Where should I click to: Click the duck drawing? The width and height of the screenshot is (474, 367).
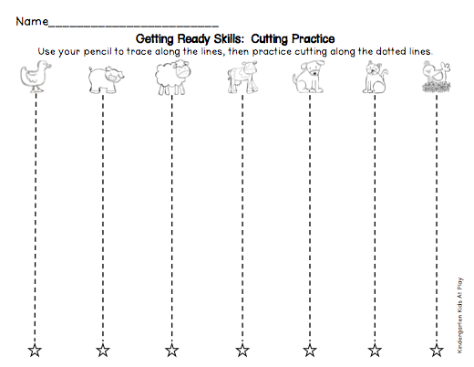click(x=36, y=76)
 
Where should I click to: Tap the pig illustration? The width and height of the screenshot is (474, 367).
click(x=106, y=79)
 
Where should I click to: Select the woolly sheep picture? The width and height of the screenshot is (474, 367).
click(x=172, y=78)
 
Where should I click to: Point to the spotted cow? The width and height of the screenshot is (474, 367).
click(x=242, y=78)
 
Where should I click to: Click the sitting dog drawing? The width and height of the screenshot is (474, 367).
click(x=308, y=77)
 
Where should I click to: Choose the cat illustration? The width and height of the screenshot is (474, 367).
click(x=375, y=77)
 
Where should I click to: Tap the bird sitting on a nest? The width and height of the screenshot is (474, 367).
click(x=437, y=77)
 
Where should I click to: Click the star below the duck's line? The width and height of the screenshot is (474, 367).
click(x=35, y=351)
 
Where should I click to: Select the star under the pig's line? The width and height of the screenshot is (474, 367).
click(x=103, y=351)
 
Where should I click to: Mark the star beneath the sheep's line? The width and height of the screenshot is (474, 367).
click(x=171, y=351)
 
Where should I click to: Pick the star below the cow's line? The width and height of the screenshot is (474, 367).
click(x=242, y=351)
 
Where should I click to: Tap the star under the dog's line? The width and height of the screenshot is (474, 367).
click(x=310, y=351)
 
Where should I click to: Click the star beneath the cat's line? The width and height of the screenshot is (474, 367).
click(x=375, y=351)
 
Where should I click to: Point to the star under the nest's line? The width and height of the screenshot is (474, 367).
click(x=437, y=351)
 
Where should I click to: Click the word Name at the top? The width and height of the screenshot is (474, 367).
click(x=32, y=21)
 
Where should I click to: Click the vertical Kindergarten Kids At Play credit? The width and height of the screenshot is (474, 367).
click(x=460, y=315)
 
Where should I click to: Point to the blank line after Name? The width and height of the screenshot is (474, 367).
click(x=133, y=26)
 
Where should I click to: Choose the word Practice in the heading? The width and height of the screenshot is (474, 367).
click(x=314, y=38)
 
